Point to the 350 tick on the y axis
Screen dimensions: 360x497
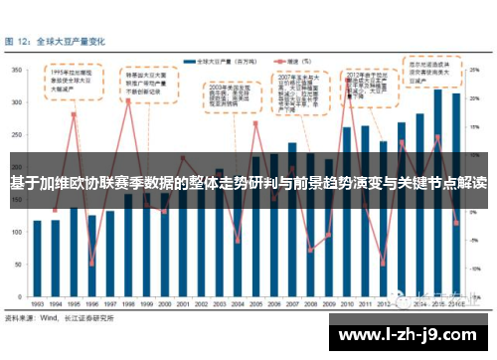coord(20,71)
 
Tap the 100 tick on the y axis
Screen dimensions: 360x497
coord(20,234)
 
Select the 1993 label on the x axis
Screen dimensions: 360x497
coord(37,305)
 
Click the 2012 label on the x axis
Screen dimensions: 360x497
coord(383,305)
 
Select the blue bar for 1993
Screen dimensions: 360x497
coord(38,259)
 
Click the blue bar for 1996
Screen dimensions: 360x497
coord(92,256)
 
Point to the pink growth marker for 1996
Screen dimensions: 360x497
coord(92,265)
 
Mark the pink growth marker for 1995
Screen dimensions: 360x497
coord(74,115)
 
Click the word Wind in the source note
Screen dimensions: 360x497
coord(47,319)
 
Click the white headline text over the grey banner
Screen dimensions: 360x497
coord(248,183)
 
